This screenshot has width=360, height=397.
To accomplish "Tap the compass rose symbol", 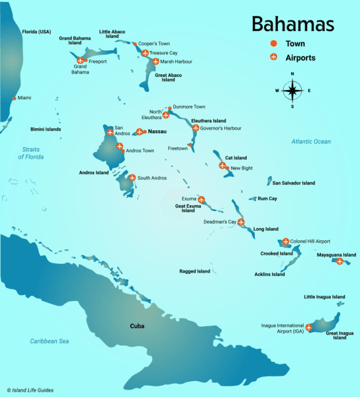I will click(292, 90).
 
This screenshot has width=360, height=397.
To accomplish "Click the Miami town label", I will click(24, 98).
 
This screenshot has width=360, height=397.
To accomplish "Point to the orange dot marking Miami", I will click(14, 98).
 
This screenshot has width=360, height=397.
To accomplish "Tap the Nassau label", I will click(157, 132).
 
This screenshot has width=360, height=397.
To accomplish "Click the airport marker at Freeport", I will click(81, 62).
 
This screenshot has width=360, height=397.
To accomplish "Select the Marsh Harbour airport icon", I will click(156, 62).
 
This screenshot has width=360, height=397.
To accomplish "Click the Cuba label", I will click(137, 326).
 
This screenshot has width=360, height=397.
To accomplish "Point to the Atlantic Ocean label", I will click(311, 142).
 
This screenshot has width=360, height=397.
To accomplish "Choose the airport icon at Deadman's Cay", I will click(241, 222).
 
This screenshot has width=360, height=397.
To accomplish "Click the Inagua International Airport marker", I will click(308, 327).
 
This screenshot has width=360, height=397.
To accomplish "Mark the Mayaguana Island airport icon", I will click(339, 261).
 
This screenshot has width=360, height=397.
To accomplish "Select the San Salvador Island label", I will click(294, 183).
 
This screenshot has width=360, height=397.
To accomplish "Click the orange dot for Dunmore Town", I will click(170, 107).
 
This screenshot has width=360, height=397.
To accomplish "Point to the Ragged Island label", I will click(195, 271).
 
